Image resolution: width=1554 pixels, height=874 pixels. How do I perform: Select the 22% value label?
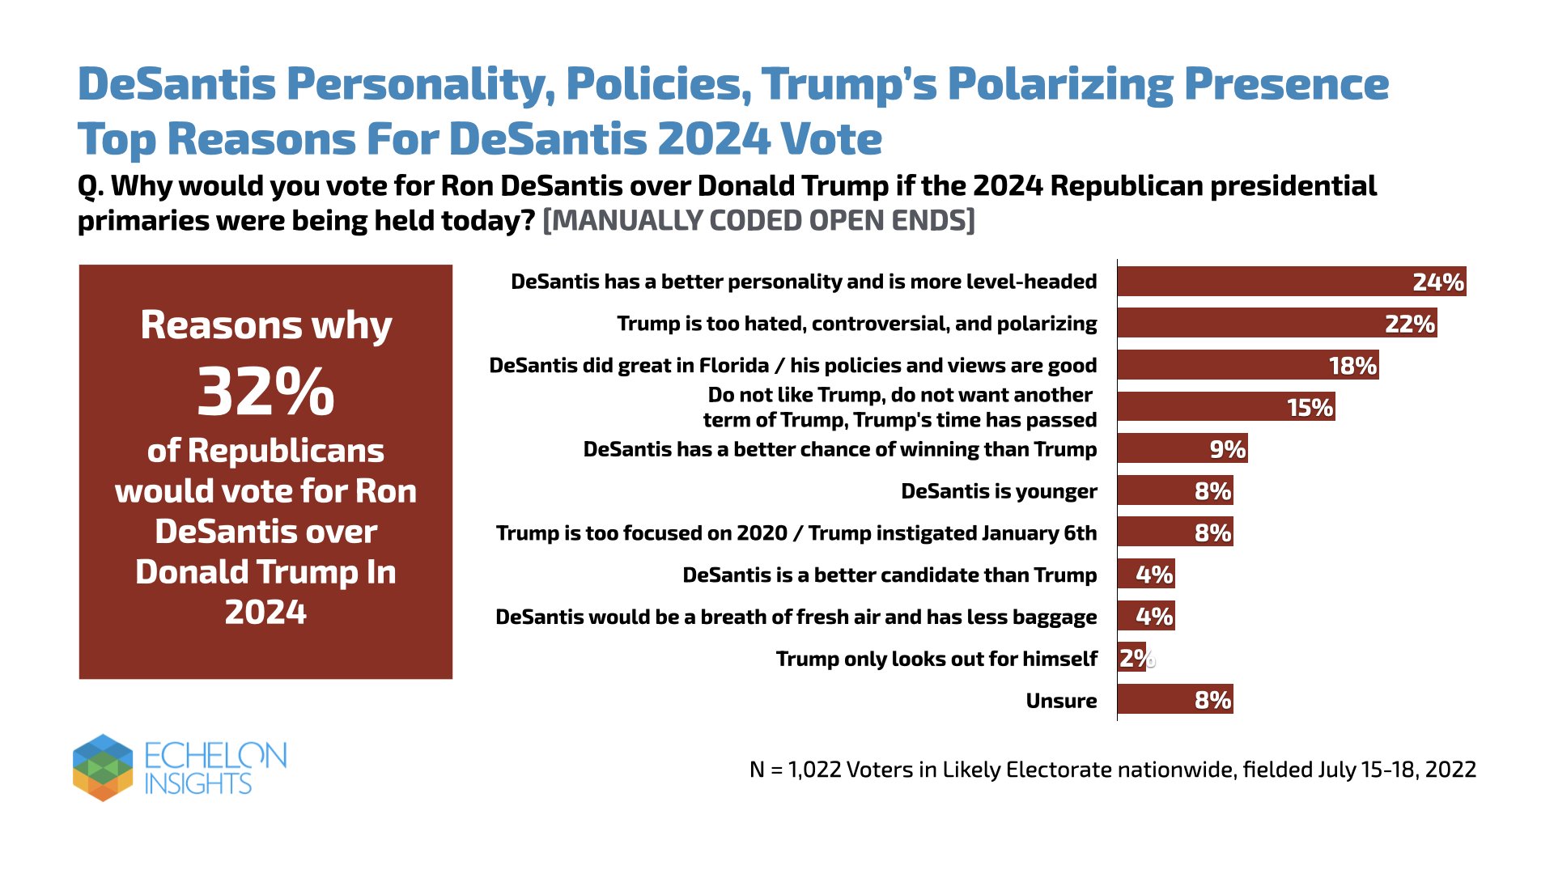coord(1409,324)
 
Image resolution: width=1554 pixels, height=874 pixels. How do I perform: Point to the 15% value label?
coord(1310,408)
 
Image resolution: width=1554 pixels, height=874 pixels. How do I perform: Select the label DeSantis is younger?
coord(999,491)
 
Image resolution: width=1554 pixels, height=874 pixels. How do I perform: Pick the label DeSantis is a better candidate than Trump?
coord(889,575)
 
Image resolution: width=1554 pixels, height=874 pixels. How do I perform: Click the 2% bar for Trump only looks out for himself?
coord(1131,658)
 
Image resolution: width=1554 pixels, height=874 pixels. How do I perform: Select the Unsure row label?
coord(1061,701)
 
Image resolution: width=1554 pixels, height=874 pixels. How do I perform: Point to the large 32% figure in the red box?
coord(265,392)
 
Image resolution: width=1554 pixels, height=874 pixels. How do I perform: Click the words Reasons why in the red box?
coord(265,325)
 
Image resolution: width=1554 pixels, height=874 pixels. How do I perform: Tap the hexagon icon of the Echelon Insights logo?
coord(103,767)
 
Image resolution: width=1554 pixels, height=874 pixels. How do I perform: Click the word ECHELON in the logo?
coord(215,756)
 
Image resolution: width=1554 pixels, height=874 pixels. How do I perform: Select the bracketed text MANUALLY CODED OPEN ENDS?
coord(758,221)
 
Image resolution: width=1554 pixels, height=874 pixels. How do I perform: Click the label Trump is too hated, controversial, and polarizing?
coord(856,324)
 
